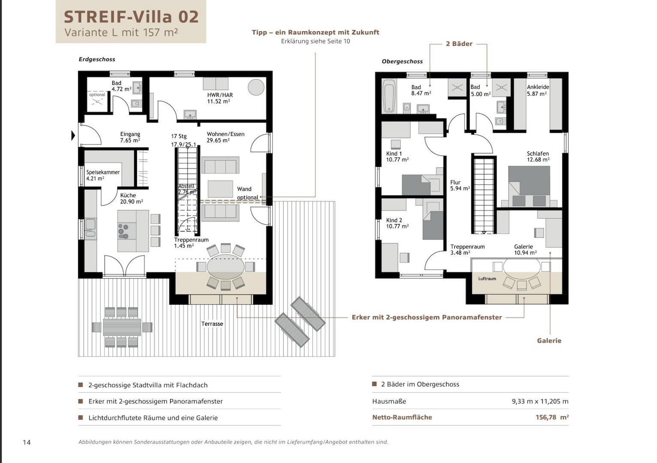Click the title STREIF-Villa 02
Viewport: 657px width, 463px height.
pos(131,17)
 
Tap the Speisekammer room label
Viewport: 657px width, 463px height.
pos(103,175)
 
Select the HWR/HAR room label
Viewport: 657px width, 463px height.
pos(220,98)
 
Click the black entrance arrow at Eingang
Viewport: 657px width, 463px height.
pos(73,136)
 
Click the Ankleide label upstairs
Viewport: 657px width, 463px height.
pos(537,90)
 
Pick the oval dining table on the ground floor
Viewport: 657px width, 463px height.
pos(225,266)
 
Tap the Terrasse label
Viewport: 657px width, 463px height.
pos(212,324)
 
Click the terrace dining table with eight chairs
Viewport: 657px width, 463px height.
pos(122,327)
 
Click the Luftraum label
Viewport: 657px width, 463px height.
pos(487,279)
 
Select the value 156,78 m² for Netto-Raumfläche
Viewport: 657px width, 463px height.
pos(552,417)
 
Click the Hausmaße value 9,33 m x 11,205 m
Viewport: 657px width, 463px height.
pos(540,401)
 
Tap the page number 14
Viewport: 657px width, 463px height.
pos(27,442)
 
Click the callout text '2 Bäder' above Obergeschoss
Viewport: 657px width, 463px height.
pos(459,44)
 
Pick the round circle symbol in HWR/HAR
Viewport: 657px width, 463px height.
pos(256,87)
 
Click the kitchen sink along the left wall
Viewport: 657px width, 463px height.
pos(90,227)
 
